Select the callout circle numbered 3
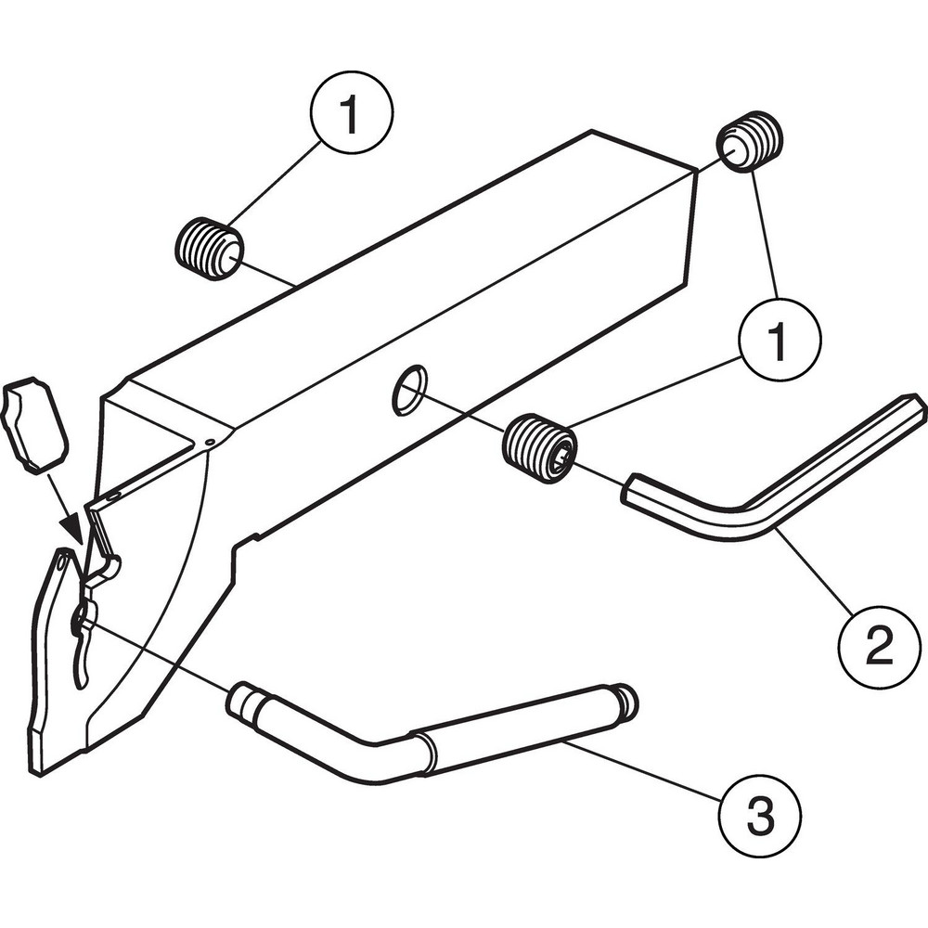pos(760,817)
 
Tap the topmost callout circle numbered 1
pos(350,116)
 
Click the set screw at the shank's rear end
pos(750,143)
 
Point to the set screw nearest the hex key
pos(539,446)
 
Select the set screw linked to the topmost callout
pos(210,249)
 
